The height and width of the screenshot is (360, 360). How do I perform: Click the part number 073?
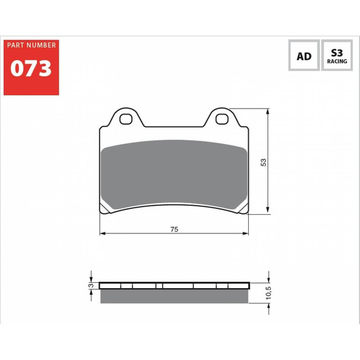point(31,68)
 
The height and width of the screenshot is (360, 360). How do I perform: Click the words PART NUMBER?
point(32,45)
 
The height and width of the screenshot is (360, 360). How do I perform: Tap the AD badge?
point(304,55)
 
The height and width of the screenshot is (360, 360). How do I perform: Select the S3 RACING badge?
point(337,55)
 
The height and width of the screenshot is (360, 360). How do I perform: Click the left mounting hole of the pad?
point(126,119)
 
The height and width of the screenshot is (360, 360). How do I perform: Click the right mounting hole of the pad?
point(222,119)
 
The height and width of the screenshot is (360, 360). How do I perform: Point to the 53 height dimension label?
point(264,162)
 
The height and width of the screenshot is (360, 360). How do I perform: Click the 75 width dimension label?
point(174,229)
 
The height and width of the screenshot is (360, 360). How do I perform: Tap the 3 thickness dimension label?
point(91,285)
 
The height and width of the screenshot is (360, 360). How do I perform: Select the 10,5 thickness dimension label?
point(268,292)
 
